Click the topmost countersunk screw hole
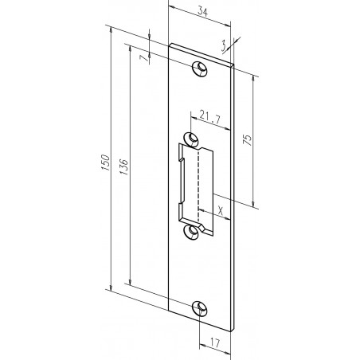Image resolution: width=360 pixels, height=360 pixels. tap(198, 67)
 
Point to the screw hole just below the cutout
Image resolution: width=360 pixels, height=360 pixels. tap(191, 230)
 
